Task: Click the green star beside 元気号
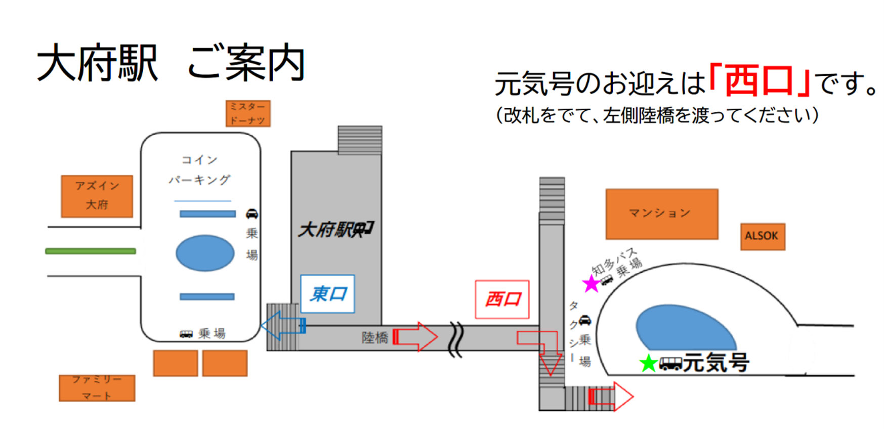pyautogui.click(x=648, y=363)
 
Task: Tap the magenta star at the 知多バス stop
pyautogui.click(x=591, y=284)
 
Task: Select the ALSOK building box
pyautogui.click(x=763, y=236)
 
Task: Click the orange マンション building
pyautogui.click(x=661, y=213)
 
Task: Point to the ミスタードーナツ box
pyautogui.click(x=247, y=113)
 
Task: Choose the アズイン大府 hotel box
pyautogui.click(x=97, y=196)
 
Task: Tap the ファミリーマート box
pyautogui.click(x=97, y=388)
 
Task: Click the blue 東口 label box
pyautogui.click(x=327, y=294)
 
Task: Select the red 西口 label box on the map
pyautogui.click(x=502, y=299)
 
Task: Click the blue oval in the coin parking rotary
pyautogui.click(x=205, y=253)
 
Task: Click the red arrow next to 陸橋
pyautogui.click(x=415, y=336)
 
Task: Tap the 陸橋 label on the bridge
pyautogui.click(x=374, y=337)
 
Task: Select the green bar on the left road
pyautogui.click(x=91, y=251)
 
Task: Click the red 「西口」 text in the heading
pyautogui.click(x=760, y=81)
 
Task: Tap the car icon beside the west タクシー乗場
pyautogui.click(x=585, y=320)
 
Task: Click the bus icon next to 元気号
pyautogui.click(x=670, y=363)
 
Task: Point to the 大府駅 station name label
pyautogui.click(x=335, y=230)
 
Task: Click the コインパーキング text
pyautogui.click(x=200, y=170)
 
